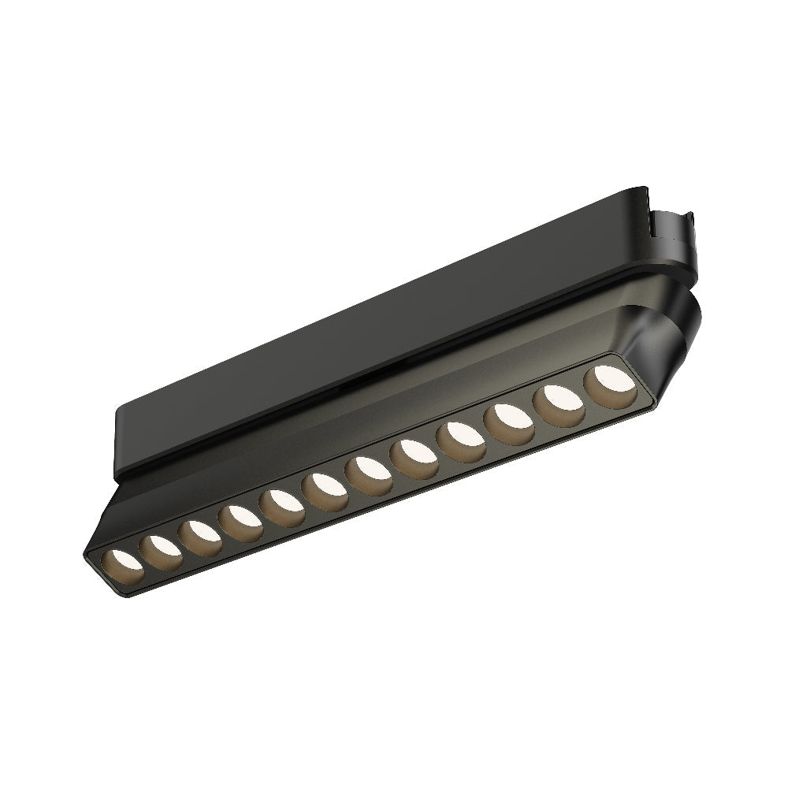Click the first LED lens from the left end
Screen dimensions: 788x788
pos(124,565)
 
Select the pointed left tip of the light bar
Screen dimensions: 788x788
pos(87,552)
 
